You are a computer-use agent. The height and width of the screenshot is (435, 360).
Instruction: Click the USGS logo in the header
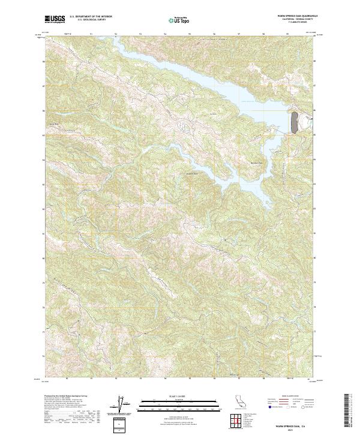click(54, 20)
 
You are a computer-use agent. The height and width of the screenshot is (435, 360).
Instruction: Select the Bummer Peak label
click(257, 163)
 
